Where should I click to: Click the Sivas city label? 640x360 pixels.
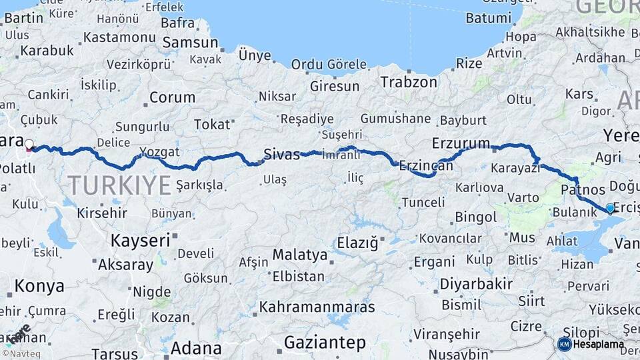pyautogui.click(x=281, y=154)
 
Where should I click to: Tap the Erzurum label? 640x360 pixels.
pyautogui.click(x=461, y=143)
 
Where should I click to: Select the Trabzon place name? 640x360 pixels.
pyautogui.click(x=409, y=82)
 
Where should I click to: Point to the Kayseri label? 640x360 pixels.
pyautogui.click(x=141, y=240)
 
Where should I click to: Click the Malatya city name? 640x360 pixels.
pyautogui.click(x=300, y=255)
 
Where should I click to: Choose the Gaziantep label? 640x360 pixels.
pyautogui.click(x=325, y=343)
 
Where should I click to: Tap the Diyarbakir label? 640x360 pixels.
pyautogui.click(x=476, y=284)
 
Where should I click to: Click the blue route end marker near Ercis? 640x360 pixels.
pyautogui.click(x=610, y=208)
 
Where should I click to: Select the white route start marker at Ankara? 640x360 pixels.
pyautogui.click(x=29, y=144)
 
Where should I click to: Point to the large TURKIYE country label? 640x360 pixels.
pyautogui.click(x=119, y=185)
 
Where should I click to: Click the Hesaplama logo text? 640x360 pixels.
pyautogui.click(x=599, y=345)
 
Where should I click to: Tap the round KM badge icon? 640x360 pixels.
pyautogui.click(x=564, y=344)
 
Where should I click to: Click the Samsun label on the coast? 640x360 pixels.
pyautogui.click(x=191, y=43)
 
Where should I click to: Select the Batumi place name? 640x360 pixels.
pyautogui.click(x=488, y=18)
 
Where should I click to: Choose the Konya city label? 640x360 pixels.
pyautogui.click(x=39, y=286)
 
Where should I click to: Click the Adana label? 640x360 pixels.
pyautogui.click(x=196, y=348)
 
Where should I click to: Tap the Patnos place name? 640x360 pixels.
pyautogui.click(x=583, y=191)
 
